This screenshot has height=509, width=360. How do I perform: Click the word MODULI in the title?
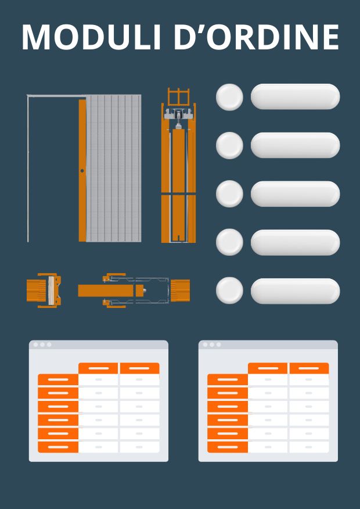point(91,37)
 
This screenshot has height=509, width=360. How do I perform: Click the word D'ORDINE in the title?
point(256,37)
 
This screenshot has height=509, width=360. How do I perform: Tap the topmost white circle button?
point(229,97)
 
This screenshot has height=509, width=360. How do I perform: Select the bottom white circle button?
point(229,291)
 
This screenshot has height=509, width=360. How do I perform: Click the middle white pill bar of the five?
point(296,194)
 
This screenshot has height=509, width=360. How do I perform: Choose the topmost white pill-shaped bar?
point(296,96)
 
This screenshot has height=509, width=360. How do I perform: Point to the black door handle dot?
point(82,171)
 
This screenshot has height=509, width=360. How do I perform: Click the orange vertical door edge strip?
point(82,170)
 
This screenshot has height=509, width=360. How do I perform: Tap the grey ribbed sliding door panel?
point(113,168)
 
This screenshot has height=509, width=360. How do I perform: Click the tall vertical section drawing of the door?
point(179,165)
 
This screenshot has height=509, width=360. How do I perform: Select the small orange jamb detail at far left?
point(44,291)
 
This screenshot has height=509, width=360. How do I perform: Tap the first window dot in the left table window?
point(35,345)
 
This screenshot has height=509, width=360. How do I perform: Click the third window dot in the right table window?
point(218,345)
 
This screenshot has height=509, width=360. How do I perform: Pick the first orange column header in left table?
point(98,368)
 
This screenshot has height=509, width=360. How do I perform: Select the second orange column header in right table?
point(309,368)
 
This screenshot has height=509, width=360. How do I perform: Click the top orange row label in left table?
point(58,379)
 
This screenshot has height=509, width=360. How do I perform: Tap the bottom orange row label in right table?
point(228,447)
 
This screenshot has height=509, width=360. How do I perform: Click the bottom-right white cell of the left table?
point(139,447)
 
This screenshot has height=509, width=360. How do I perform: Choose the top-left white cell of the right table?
point(268,379)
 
